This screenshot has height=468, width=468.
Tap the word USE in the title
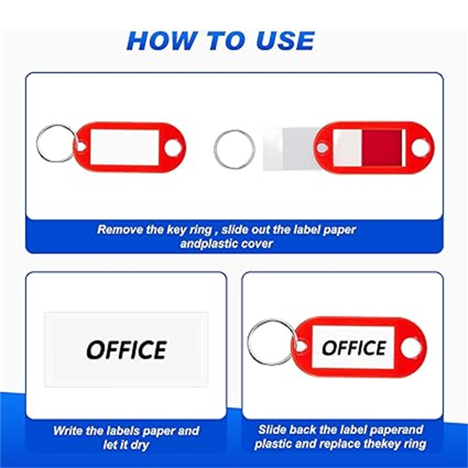tap(285, 41)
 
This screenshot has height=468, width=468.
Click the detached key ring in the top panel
tap(215, 149)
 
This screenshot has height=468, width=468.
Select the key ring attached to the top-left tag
tap(38, 143)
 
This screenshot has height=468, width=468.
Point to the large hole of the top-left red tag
tap(173, 147)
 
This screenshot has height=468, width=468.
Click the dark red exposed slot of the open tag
tap(381, 148)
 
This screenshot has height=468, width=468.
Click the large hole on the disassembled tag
tap(420, 148)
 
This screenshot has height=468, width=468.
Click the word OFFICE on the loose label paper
tap(126, 350)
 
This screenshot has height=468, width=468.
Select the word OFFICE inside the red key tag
tap(355, 347)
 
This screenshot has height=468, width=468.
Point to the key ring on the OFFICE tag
tap(250, 342)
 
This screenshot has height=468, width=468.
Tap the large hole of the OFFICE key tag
tap(411, 347)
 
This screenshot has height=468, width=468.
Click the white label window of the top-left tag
tap(125, 147)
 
